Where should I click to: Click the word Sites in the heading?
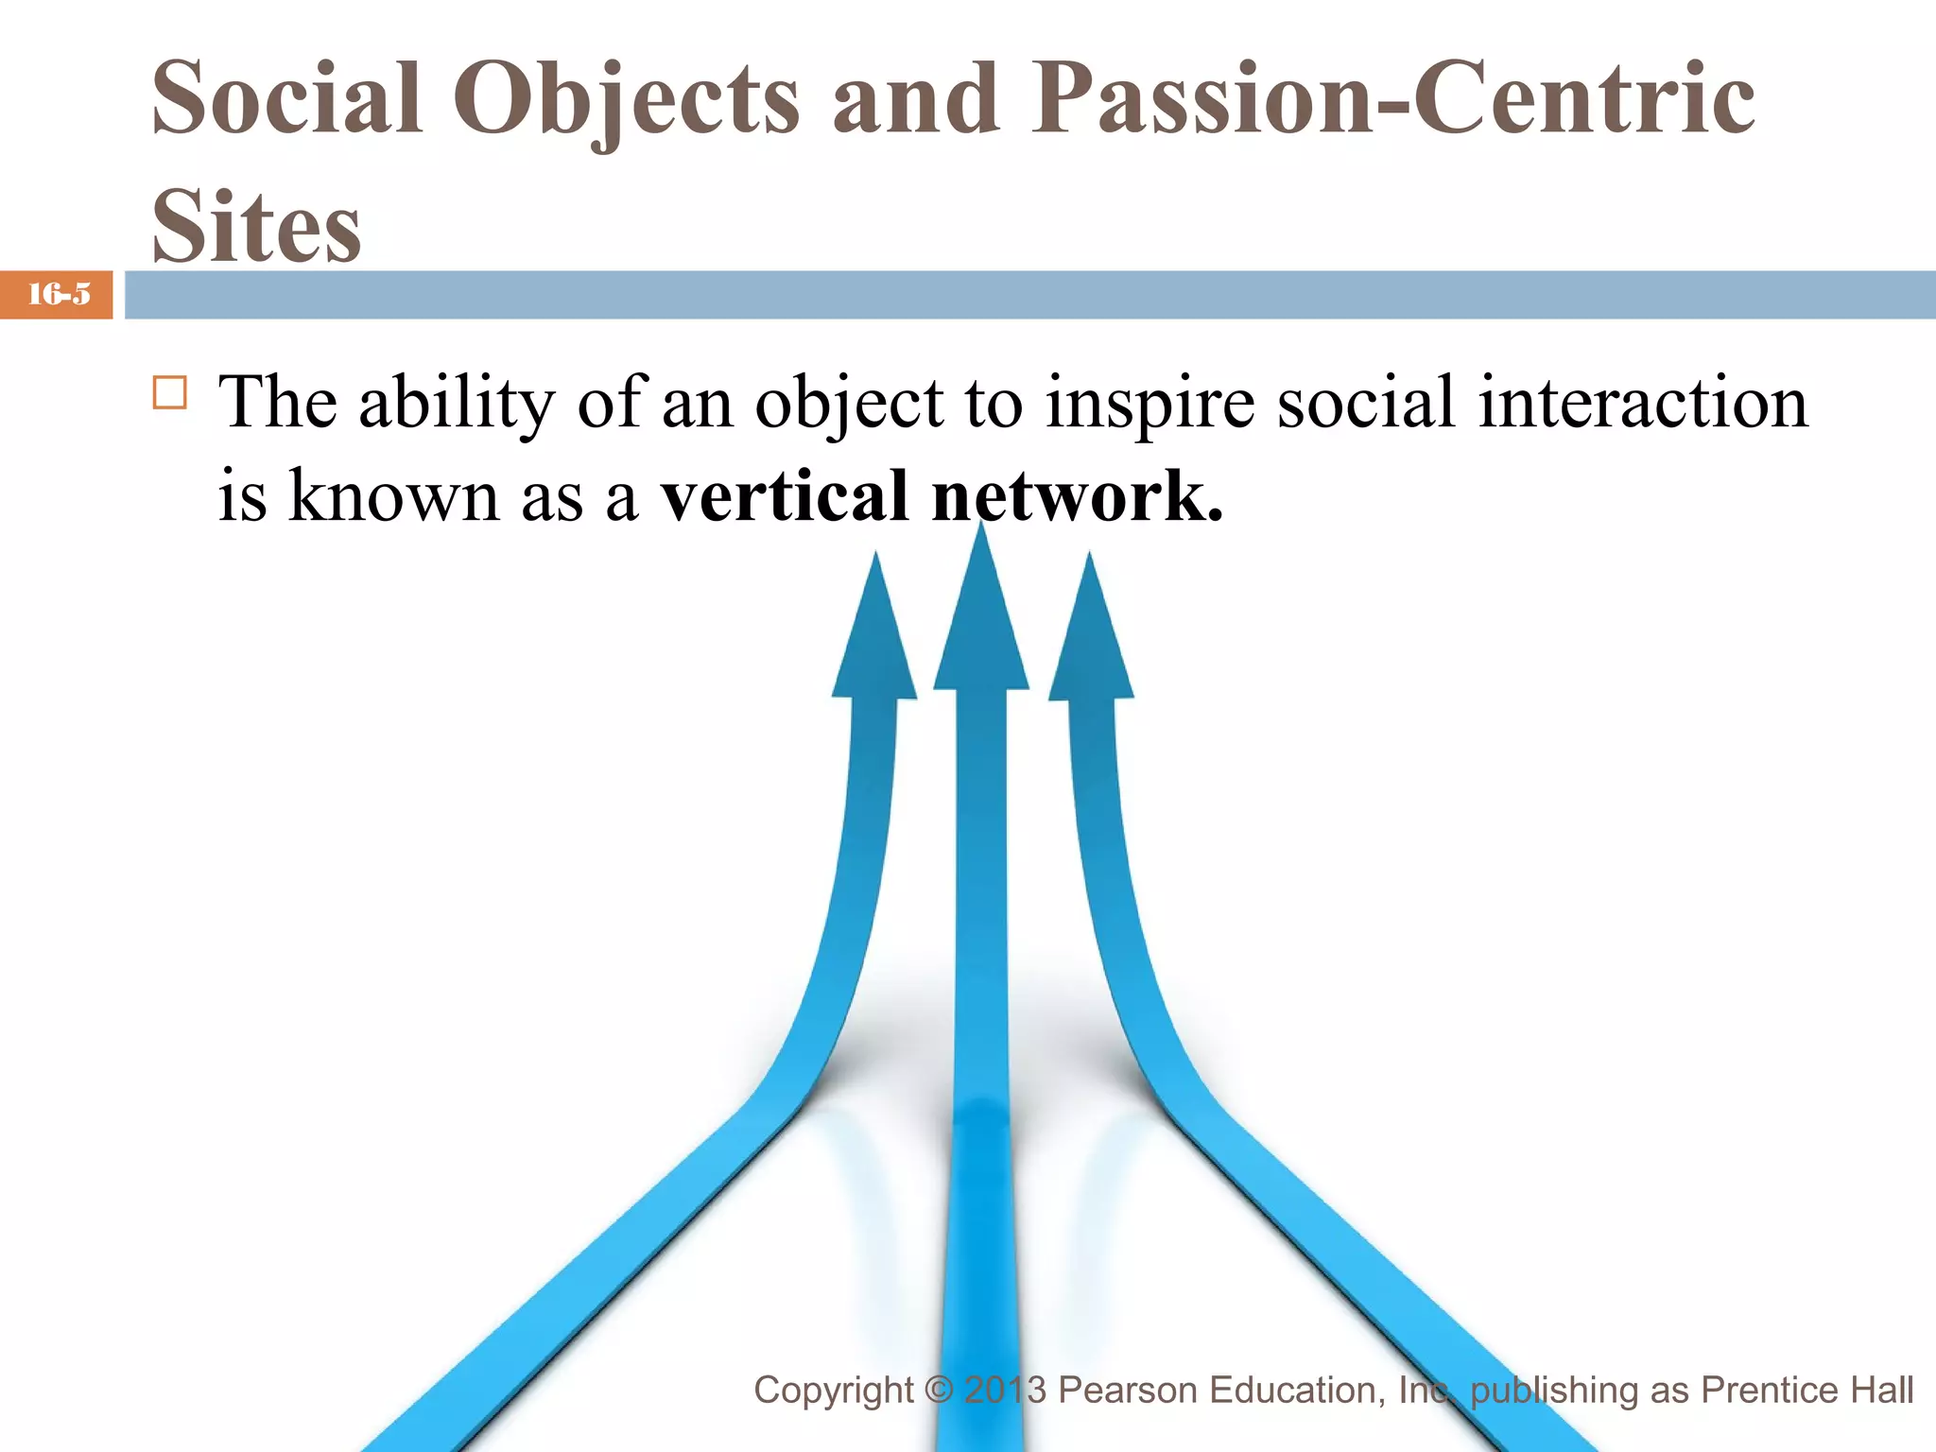pos(256,227)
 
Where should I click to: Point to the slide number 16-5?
pos(59,295)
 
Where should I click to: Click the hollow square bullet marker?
pos(170,391)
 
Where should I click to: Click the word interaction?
pos(1643,402)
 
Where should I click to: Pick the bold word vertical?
pos(784,495)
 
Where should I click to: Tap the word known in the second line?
pos(393,495)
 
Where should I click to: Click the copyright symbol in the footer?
pos(939,1390)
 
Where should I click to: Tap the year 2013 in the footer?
pos(1005,1390)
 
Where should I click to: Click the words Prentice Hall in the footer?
pos(1806,1390)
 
